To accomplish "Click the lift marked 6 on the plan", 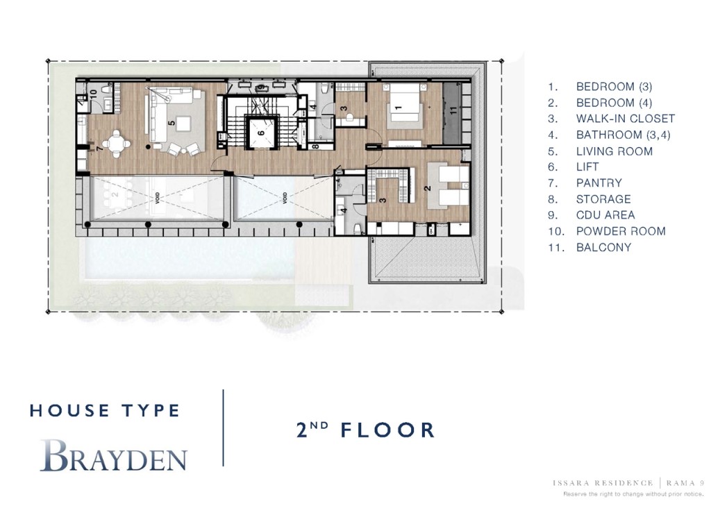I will [x=261, y=132].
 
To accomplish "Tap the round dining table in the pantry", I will [x=121, y=144].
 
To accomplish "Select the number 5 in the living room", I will [x=172, y=122].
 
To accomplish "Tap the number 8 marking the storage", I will [x=315, y=146].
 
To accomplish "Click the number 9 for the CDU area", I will [x=260, y=88].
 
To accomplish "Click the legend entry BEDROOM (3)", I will [x=614, y=87].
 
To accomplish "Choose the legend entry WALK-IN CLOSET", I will [x=625, y=119].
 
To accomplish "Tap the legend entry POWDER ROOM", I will [x=620, y=231].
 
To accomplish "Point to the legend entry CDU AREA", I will [x=605, y=215].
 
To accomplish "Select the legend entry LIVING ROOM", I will [x=614, y=151].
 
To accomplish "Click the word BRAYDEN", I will [x=113, y=457].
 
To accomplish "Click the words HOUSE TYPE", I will [x=105, y=410].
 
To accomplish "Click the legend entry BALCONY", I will [x=603, y=247].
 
